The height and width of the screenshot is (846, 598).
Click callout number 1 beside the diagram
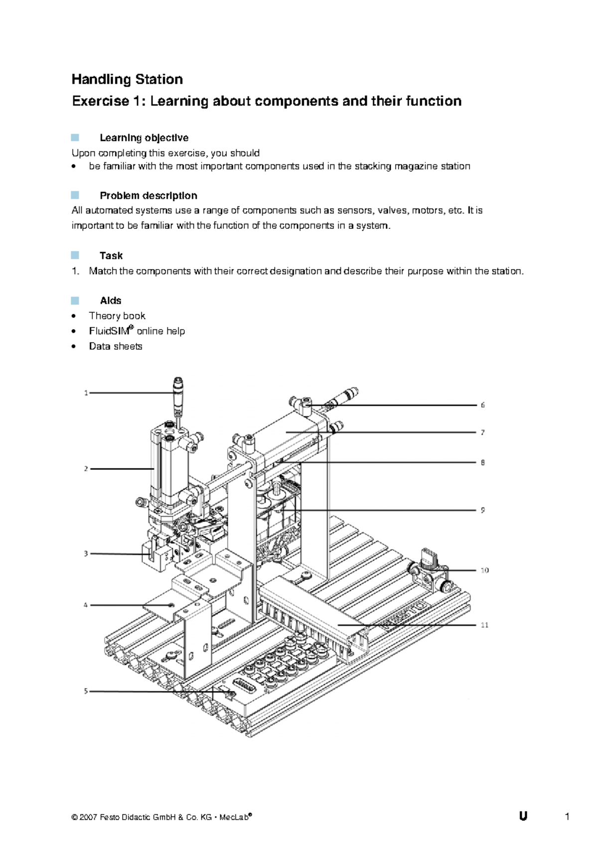pos(86,393)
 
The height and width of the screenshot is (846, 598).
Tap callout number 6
pos(482,405)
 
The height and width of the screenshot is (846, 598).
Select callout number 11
pos(484,625)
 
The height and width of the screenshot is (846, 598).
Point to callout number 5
pos(86,691)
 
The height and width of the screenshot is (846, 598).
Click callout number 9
pos(482,510)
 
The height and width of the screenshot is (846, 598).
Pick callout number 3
pos(86,554)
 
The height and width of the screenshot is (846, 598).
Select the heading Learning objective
pos(144,138)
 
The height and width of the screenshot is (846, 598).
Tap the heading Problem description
pos(148,195)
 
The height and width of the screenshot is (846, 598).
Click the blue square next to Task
pos(75,255)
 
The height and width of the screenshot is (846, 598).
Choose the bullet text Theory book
pos(117,315)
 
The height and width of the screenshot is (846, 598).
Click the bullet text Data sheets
pos(116,346)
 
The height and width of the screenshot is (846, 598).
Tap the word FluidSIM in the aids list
pos(109,331)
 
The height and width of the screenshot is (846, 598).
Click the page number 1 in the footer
pos(567,816)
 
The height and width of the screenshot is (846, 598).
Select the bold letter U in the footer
pos(523,816)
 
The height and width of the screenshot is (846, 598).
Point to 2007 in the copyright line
pos(88,817)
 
